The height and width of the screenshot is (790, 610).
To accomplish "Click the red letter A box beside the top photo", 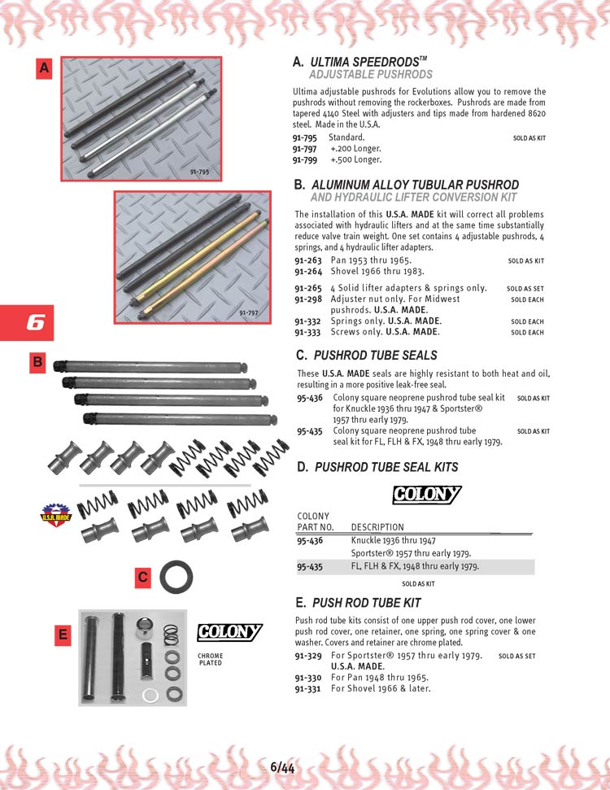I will tap(44, 69).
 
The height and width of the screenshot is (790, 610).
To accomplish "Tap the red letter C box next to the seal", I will tap(142, 578).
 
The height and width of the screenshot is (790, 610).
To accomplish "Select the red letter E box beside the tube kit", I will tap(63, 635).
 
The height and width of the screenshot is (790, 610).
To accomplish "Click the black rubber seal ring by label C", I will tap(175, 577).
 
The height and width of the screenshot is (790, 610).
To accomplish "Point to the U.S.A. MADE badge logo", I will tap(56, 515).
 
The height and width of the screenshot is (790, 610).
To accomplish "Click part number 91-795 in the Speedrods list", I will tap(305, 138).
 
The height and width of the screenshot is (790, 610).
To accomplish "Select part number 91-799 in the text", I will tap(305, 159).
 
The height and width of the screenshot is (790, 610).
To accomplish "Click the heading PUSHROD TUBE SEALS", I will tap(375, 356).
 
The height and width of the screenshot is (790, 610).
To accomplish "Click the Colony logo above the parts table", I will tap(426, 495).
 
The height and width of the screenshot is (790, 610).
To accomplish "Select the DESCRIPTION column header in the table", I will tap(377, 527).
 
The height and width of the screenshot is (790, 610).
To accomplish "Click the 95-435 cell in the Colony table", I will tap(310, 566).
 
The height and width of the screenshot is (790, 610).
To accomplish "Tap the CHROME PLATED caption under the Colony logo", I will tap(210, 659).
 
